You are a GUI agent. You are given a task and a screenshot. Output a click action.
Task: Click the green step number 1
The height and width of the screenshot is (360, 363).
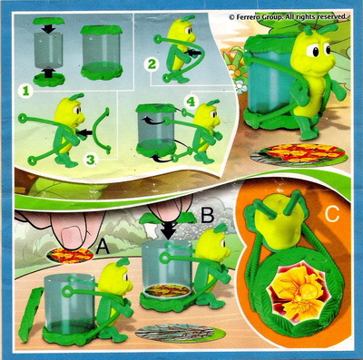pyautogui.click(x=25, y=91)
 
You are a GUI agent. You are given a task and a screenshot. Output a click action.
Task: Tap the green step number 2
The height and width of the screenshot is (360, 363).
pyautogui.click(x=152, y=64)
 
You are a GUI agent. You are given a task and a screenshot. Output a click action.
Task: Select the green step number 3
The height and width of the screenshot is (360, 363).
pyautogui.click(x=91, y=160)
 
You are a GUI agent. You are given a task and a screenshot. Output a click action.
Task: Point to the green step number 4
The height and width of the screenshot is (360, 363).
pyautogui.click(x=191, y=102)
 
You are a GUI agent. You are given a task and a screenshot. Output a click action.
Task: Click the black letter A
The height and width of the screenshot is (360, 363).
pyautogui.click(x=103, y=248)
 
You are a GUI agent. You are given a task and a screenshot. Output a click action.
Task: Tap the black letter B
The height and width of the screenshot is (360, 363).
pyautogui.click(x=208, y=216)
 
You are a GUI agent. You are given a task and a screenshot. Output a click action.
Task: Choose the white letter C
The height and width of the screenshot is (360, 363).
pyautogui.click(x=332, y=215)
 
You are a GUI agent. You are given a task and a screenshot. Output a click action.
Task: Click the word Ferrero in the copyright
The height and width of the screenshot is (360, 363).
pyautogui.click(x=249, y=17)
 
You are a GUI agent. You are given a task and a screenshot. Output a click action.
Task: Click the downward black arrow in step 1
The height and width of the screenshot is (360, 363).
pyautogui.click(x=48, y=29)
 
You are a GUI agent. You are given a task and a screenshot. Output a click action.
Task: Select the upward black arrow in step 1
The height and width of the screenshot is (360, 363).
pyautogui.click(x=47, y=73)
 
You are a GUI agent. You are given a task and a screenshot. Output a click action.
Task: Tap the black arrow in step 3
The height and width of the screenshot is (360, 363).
pyautogui.click(x=83, y=132)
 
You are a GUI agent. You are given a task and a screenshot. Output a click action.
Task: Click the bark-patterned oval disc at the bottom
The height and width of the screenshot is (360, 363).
pyautogui.click(x=181, y=333)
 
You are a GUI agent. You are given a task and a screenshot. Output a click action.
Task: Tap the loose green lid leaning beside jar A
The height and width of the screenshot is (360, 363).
pyautogui.click(x=31, y=314)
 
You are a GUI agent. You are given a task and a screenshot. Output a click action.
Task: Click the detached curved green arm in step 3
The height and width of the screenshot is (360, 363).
pyautogui.click(x=100, y=130)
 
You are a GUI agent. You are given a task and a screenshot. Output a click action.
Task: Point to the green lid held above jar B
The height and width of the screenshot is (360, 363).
pyautogui.click(x=169, y=217)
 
